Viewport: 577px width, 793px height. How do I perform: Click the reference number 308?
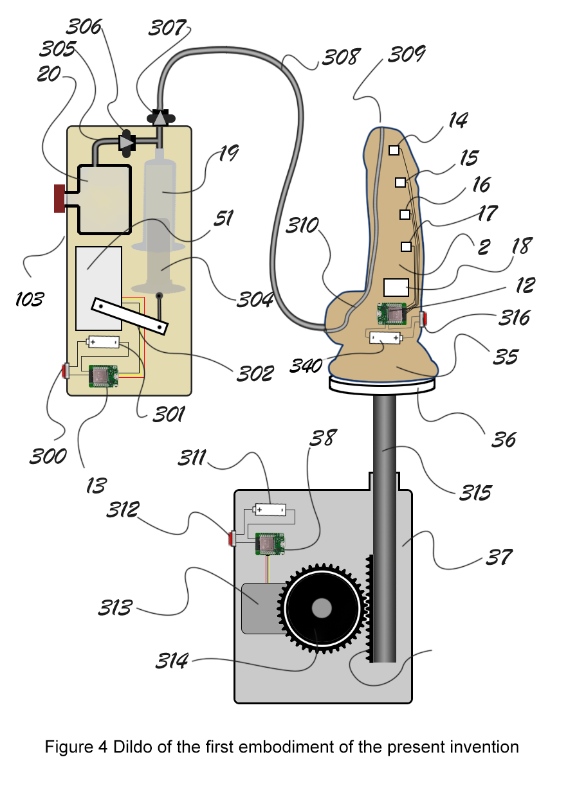(x=341, y=57)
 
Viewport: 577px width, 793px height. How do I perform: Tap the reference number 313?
(x=115, y=607)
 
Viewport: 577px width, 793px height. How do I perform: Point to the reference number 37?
(x=499, y=557)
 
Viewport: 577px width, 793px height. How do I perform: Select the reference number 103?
(x=30, y=299)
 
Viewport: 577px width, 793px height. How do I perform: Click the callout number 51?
(x=224, y=218)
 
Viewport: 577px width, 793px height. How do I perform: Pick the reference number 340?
(x=306, y=366)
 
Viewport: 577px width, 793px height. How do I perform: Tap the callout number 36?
(x=504, y=440)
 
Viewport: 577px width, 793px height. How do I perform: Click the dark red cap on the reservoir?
(x=60, y=198)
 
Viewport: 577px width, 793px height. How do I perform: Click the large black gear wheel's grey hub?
(x=322, y=608)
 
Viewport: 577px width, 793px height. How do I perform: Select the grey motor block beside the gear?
(x=262, y=608)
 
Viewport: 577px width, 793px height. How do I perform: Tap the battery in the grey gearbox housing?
(x=270, y=510)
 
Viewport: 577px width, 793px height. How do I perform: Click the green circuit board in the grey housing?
(x=270, y=544)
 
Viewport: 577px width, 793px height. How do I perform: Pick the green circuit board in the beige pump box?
(x=103, y=376)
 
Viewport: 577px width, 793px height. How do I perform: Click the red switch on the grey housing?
(x=232, y=539)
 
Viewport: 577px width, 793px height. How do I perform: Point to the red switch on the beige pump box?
(x=66, y=371)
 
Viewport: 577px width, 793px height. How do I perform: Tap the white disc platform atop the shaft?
(x=382, y=385)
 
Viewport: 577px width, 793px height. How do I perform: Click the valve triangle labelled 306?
(x=126, y=143)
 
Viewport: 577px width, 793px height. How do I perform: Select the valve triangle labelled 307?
(x=161, y=118)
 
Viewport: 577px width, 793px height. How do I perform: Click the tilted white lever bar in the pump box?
(x=129, y=316)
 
